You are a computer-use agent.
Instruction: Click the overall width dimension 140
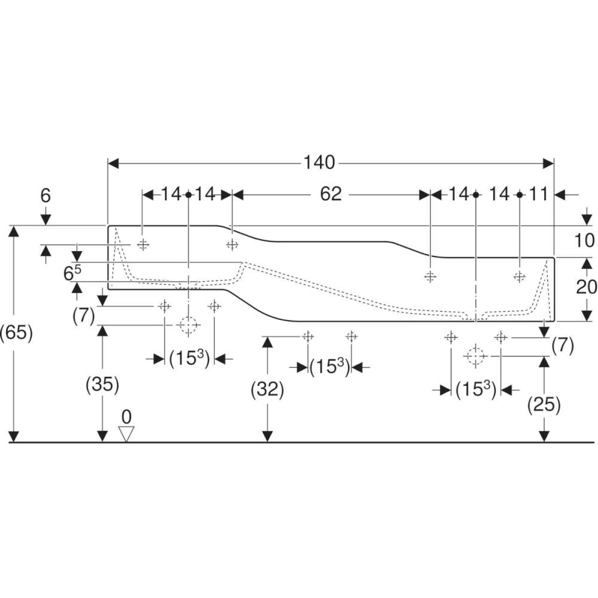(319, 163)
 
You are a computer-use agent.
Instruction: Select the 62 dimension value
(331, 194)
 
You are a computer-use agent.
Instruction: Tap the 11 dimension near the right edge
(539, 194)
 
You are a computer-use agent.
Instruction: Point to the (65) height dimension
(16, 333)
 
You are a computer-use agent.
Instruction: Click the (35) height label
(103, 385)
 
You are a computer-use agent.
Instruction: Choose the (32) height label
(267, 390)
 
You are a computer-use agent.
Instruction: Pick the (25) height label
(544, 404)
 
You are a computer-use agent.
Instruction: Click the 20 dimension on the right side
(586, 287)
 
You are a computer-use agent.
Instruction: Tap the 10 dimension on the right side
(584, 240)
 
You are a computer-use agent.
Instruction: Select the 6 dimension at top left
(45, 196)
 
